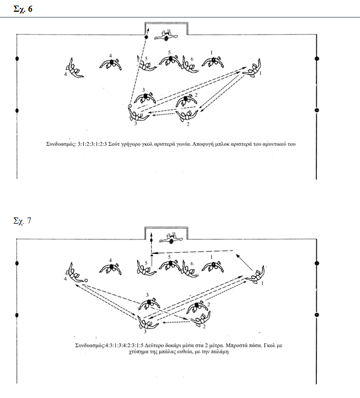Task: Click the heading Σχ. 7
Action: click(x=22, y=221)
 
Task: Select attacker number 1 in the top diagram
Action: click(x=255, y=68)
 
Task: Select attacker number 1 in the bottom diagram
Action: click(x=257, y=275)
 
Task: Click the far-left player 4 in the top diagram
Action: click(x=73, y=67)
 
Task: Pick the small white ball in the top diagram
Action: click(x=130, y=105)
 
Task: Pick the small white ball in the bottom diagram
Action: click(x=86, y=280)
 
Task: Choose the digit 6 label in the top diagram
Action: click(x=192, y=59)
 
